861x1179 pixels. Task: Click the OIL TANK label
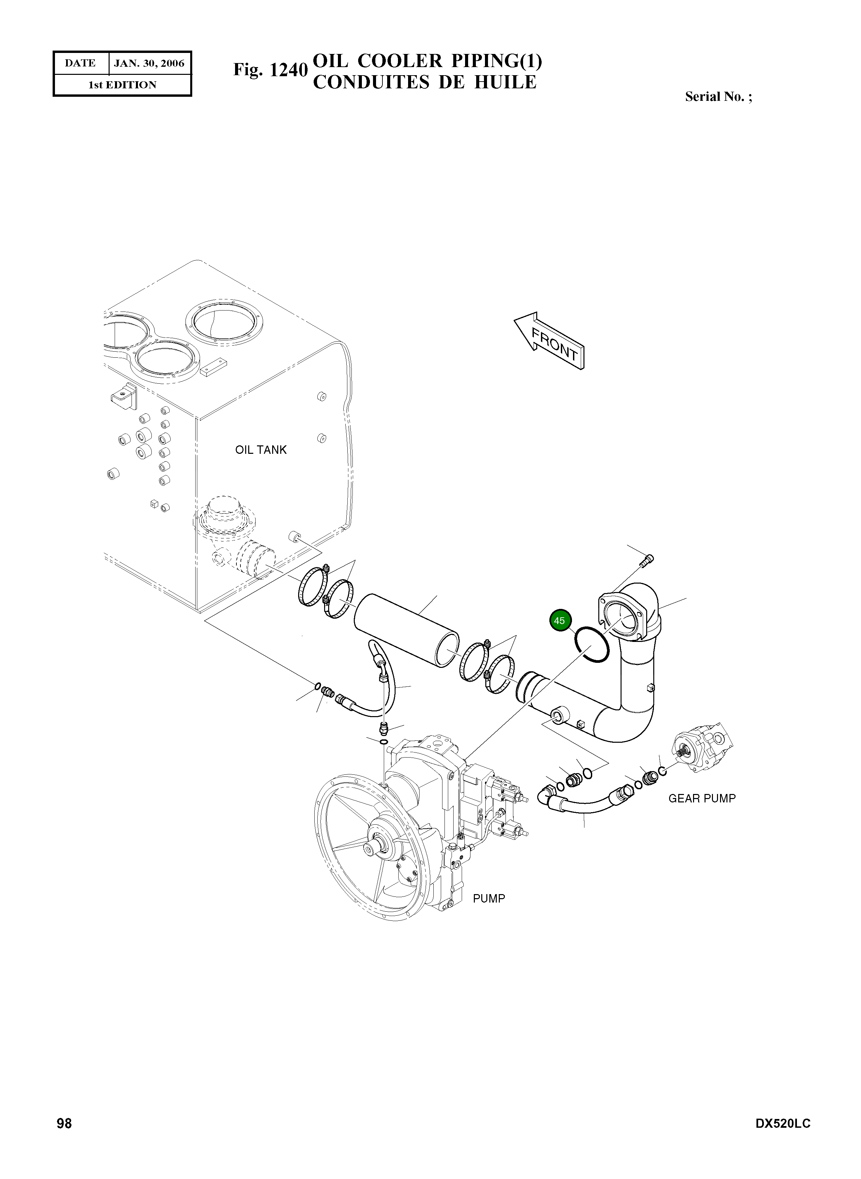click(261, 450)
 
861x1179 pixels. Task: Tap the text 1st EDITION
click(122, 85)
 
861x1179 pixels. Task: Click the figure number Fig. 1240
click(270, 69)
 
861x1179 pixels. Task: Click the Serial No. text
click(718, 96)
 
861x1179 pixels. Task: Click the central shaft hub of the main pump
click(377, 848)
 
